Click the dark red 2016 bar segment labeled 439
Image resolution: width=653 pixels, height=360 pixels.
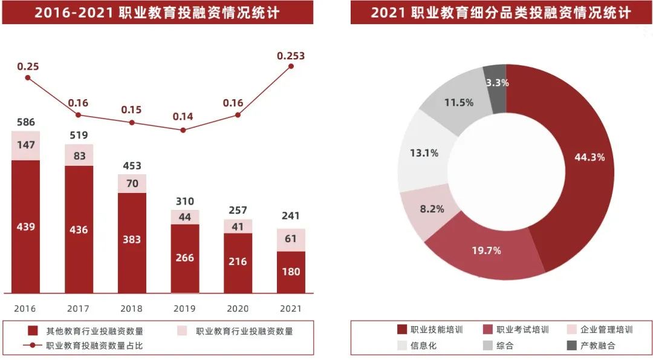click(x=25, y=227)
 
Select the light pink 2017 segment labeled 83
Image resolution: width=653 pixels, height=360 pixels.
click(x=79, y=155)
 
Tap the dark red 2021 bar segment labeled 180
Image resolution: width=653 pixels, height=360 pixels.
click(x=291, y=272)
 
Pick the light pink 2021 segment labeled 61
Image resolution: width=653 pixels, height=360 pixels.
click(x=291, y=239)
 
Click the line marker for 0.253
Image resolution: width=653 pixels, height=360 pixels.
click(x=291, y=66)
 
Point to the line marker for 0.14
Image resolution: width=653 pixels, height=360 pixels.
click(x=184, y=129)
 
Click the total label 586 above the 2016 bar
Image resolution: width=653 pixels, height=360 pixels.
click(x=25, y=122)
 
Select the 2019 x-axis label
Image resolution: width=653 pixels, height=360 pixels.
click(x=184, y=309)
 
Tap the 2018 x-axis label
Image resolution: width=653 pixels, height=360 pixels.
click(x=131, y=309)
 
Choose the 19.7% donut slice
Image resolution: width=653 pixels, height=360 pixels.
click(x=486, y=250)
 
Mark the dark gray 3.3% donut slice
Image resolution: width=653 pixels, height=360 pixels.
click(x=496, y=82)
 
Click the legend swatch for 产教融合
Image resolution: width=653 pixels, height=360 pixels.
click(x=571, y=345)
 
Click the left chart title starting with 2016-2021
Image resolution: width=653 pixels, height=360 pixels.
click(x=157, y=12)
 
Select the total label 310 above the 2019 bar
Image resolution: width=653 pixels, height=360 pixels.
click(x=184, y=200)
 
